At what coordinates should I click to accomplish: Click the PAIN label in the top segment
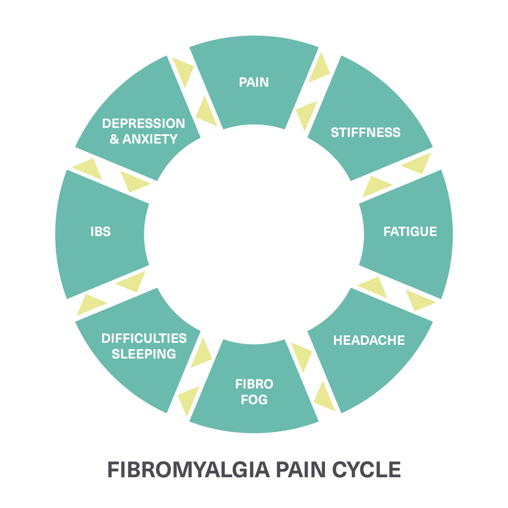254,82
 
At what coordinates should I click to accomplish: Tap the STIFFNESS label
366,132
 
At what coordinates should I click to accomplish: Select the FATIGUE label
410,232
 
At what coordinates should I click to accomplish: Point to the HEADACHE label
369,340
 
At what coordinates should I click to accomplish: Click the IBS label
101,232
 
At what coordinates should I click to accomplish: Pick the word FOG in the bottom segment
254,399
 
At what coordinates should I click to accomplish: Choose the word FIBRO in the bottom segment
254,384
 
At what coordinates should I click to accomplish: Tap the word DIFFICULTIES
144,338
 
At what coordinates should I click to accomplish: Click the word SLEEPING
144,354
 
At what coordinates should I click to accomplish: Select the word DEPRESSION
143,123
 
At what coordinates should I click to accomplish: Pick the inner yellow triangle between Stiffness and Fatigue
377,187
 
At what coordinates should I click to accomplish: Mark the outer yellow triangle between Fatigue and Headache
420,300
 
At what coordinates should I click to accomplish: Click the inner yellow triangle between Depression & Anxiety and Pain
207,112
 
